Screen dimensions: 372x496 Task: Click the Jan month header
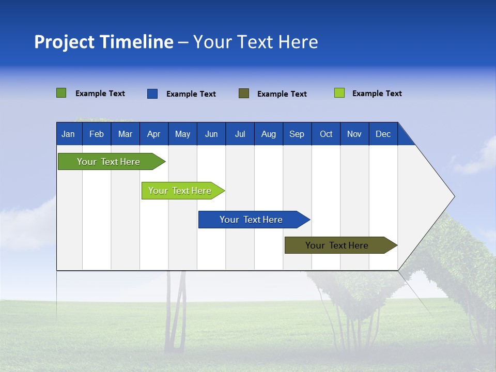(68, 134)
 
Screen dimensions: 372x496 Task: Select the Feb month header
(97, 134)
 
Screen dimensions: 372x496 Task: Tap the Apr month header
(153, 134)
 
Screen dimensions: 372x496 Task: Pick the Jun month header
(211, 134)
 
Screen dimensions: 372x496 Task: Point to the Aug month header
(269, 134)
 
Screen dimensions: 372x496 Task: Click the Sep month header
(297, 134)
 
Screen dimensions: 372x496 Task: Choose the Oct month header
(326, 134)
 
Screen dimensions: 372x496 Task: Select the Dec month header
(383, 134)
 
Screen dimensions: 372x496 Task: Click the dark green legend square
(61, 93)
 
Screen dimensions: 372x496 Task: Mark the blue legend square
(152, 94)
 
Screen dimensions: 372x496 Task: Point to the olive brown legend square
(244, 93)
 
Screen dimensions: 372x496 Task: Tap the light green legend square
(339, 93)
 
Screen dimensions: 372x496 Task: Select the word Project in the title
(65, 42)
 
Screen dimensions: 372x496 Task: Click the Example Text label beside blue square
(191, 94)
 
